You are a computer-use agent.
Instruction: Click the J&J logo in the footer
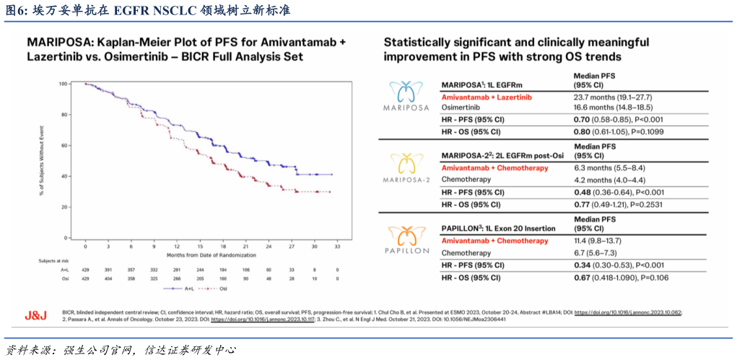tap(36, 315)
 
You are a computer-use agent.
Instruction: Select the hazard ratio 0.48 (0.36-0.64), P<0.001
tap(618, 192)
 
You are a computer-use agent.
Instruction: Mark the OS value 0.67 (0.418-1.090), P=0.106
tap(619, 277)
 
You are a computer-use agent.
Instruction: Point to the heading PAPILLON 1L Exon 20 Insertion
tap(498, 228)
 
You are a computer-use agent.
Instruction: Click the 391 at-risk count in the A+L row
tap(108, 268)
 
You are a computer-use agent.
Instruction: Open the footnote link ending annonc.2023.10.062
tap(628, 312)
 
